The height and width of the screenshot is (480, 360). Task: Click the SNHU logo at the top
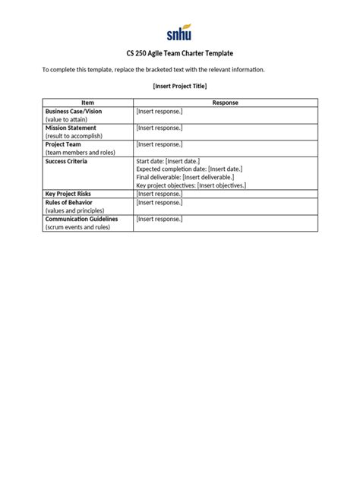179,33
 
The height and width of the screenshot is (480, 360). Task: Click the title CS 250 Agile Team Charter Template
179,54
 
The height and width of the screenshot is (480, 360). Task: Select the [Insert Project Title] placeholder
179,86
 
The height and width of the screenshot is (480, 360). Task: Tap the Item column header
87,103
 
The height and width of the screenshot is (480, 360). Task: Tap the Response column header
225,103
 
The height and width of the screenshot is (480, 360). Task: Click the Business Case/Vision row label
73,111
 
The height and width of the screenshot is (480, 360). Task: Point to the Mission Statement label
72,128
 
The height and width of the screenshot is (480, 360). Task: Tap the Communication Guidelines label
81,219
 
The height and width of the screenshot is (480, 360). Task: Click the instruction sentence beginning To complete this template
153,70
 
